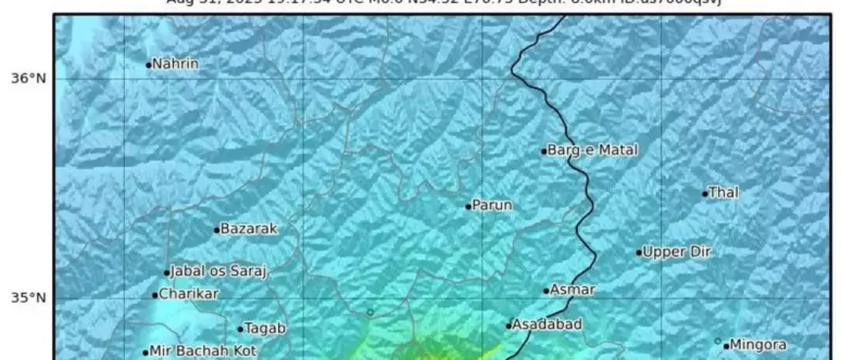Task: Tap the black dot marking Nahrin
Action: tap(149, 65)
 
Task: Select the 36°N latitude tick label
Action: tap(28, 79)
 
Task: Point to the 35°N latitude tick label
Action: tap(28, 298)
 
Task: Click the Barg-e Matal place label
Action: tap(593, 150)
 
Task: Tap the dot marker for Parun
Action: tap(468, 206)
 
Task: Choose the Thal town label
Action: tap(723, 193)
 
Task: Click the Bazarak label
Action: tap(249, 229)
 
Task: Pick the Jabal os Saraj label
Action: tap(219, 272)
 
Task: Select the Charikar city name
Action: tap(189, 294)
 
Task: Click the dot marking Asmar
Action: tap(546, 291)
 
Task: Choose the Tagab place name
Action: tap(265, 328)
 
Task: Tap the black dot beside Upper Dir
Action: tap(639, 252)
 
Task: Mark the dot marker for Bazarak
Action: tap(217, 230)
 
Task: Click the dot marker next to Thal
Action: tap(705, 194)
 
